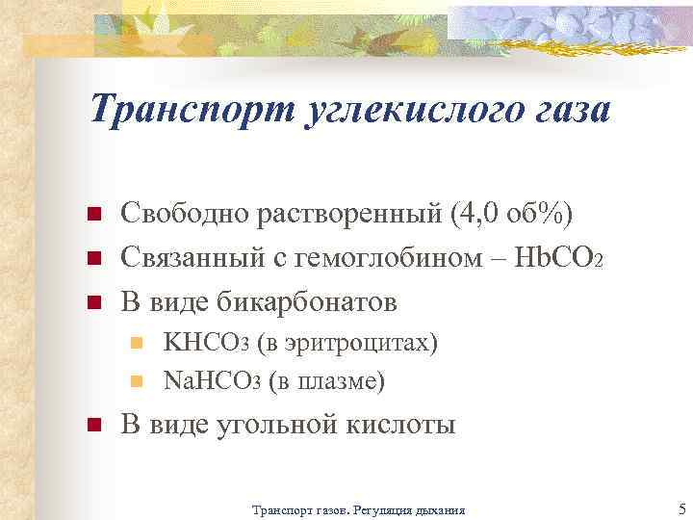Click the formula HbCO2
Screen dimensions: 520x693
[548, 258]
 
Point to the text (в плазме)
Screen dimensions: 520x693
[327, 381]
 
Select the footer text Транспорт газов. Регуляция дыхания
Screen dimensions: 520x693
[357, 509]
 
